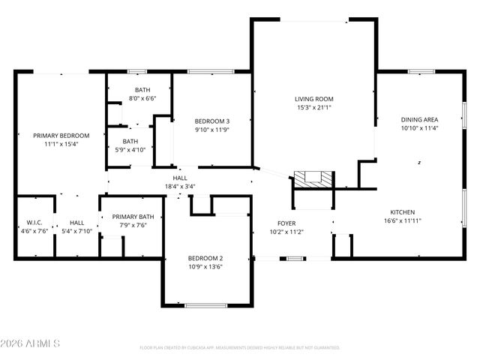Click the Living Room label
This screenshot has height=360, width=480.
point(313,98)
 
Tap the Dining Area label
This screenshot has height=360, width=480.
point(419,119)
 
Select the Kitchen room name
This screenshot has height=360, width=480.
point(402,212)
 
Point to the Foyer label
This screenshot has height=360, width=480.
point(286,223)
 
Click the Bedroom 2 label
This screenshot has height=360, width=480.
point(205,258)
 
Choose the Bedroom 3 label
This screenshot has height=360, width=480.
point(212,121)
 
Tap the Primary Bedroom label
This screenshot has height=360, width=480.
point(61,136)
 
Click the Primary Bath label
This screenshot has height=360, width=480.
point(133,217)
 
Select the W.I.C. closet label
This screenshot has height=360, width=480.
point(34,223)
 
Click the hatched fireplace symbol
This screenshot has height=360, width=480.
point(312,178)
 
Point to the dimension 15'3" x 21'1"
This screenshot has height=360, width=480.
point(313,107)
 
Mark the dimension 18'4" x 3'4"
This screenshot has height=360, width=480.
point(180,187)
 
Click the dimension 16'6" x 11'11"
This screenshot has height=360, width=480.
point(402,221)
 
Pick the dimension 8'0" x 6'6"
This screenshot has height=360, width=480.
point(142,98)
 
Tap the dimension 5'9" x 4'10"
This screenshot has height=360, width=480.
point(130,149)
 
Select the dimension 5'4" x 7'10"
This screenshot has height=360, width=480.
point(77,231)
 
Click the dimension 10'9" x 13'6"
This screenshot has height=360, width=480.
point(205,267)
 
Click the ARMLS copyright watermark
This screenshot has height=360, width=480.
point(31,343)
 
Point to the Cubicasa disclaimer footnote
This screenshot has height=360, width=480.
point(239,348)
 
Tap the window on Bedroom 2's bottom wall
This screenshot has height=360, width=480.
point(206,305)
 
